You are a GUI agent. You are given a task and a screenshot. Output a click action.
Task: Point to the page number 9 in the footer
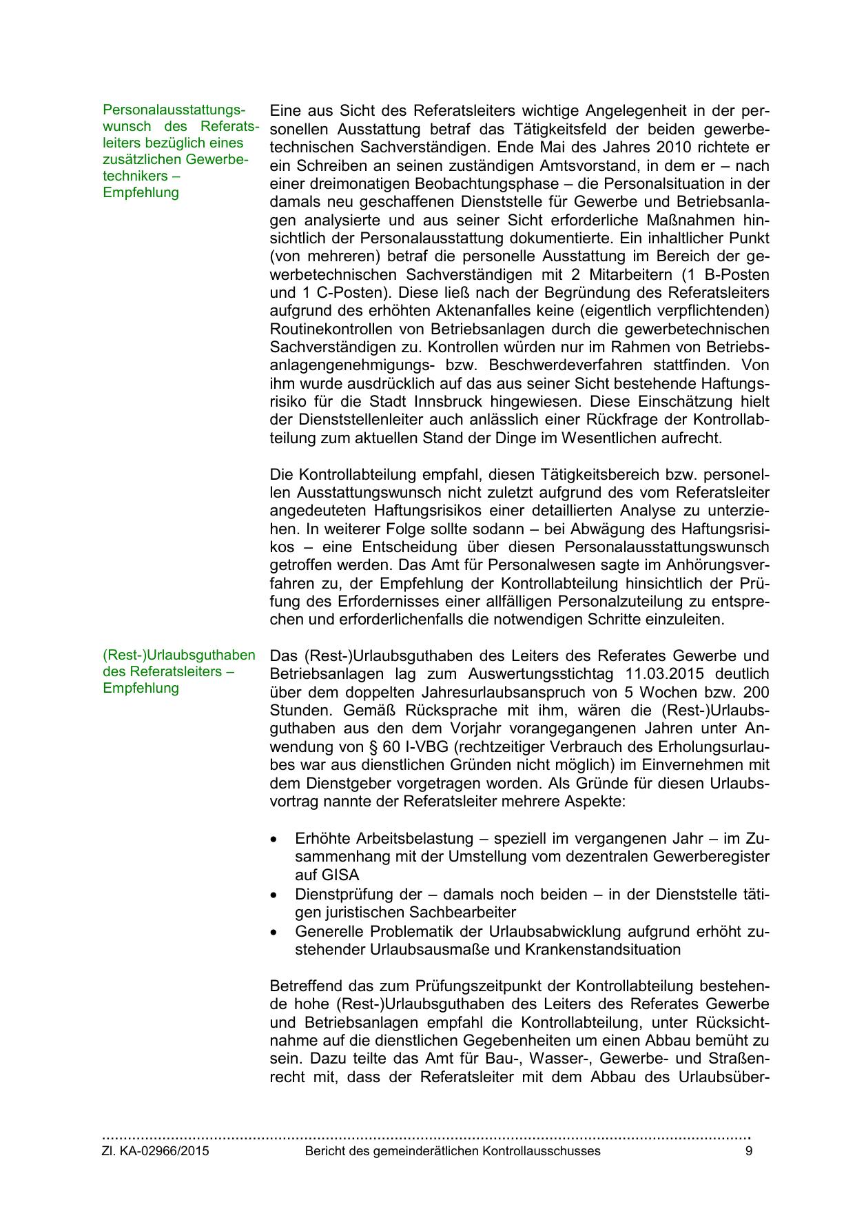coord(749,1151)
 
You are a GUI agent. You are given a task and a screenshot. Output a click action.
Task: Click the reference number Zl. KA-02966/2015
coord(156,1151)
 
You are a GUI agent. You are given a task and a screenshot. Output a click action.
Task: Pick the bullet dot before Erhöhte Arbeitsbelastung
coord(275,840)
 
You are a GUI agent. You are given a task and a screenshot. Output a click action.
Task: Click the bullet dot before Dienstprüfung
coord(275,895)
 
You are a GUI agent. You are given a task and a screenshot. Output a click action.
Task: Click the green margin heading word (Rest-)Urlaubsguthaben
coord(179,655)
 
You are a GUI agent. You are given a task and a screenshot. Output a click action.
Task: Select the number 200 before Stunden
coord(755,691)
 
